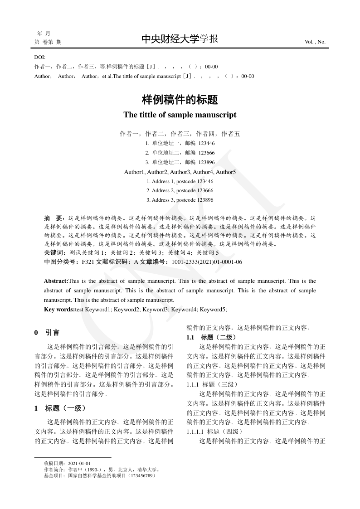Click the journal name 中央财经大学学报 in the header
(180, 39)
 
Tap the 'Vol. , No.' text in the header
(315, 42)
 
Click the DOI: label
(40, 57)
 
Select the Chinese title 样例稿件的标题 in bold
(180, 99)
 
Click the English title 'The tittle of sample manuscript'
(180, 115)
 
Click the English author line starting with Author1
(180, 172)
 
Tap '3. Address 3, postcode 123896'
(180, 200)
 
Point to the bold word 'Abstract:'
(56, 281)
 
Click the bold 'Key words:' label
(59, 309)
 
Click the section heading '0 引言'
(47, 333)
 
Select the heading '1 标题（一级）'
(60, 408)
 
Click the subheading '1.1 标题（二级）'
(211, 337)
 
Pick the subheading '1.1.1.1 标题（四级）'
(215, 431)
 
